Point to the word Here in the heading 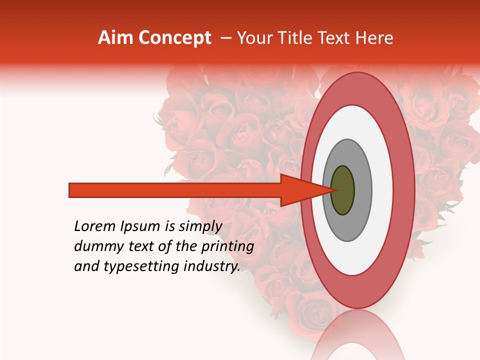click(373, 38)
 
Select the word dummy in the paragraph click(95, 246)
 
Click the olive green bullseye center click(343, 190)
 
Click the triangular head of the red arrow click(300, 190)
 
